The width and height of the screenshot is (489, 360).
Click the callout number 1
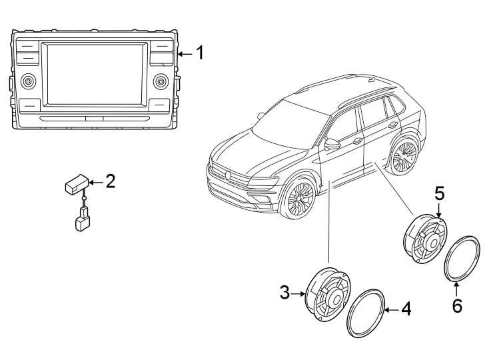point(200,53)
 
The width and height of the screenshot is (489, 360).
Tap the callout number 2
point(111,181)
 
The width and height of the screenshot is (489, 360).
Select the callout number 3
point(284,293)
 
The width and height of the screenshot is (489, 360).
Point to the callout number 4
point(406,309)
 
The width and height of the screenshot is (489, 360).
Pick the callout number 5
point(440,194)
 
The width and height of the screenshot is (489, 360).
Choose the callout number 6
point(457,305)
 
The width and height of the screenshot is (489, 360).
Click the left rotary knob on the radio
point(29,81)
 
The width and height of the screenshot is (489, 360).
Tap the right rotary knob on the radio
point(161,81)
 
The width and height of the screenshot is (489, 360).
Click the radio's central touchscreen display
point(94,74)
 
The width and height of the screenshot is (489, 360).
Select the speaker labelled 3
point(328,294)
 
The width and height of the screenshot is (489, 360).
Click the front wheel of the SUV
point(298,197)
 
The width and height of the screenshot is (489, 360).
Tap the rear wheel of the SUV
point(404,155)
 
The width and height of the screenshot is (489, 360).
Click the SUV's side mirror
point(332,145)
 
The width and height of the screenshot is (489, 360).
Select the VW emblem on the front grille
point(229,175)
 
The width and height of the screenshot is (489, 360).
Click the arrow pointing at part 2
point(97,182)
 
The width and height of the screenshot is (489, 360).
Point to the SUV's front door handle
point(357,141)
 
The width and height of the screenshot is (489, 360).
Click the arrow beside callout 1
point(185,54)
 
